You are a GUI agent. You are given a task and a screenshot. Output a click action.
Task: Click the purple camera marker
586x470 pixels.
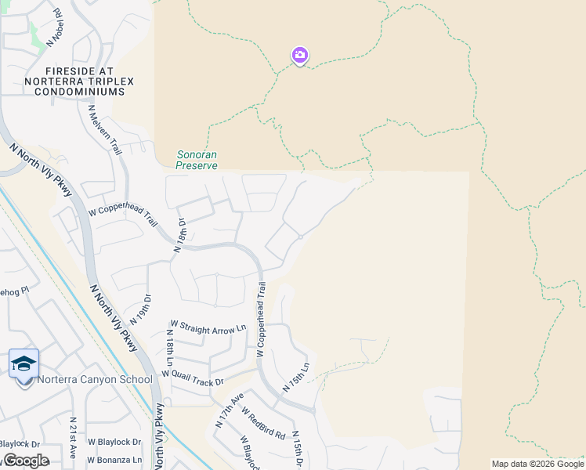[299, 55]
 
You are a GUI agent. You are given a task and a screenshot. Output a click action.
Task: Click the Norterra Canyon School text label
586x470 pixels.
[95, 380]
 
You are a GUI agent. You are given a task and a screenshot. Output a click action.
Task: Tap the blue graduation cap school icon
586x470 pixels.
[24, 363]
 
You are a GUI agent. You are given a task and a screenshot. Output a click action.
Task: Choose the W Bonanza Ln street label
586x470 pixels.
[114, 460]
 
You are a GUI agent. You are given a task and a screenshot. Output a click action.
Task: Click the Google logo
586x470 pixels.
[25, 461]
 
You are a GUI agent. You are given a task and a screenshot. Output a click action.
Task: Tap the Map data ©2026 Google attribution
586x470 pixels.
[537, 464]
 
